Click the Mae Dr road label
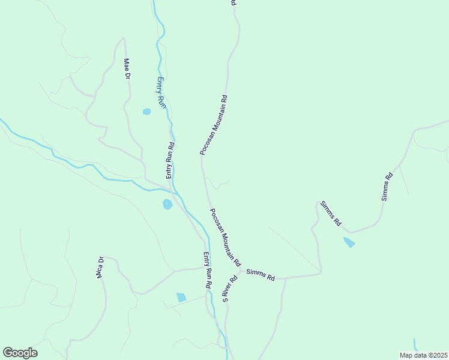pyautogui.click(x=127, y=68)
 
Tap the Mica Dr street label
pyautogui.click(x=100, y=268)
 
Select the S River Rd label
pyautogui.click(x=228, y=289)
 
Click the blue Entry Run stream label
pyautogui.click(x=160, y=92)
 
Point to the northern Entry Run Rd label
pyautogui.click(x=170, y=160)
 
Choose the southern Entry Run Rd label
pyautogui.click(x=207, y=271)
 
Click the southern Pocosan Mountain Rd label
pyautogui.click(x=225, y=237)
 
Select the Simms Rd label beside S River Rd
pyautogui.click(x=260, y=275)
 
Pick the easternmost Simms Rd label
pyautogui.click(x=387, y=186)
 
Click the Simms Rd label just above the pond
pyautogui.click(x=330, y=214)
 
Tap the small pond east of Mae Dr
pyautogui.click(x=146, y=112)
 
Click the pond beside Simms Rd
pyautogui.click(x=348, y=242)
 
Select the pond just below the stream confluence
pyautogui.click(x=167, y=205)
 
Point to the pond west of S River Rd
pyautogui.click(x=181, y=297)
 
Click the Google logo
pyautogui.click(x=20, y=352)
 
